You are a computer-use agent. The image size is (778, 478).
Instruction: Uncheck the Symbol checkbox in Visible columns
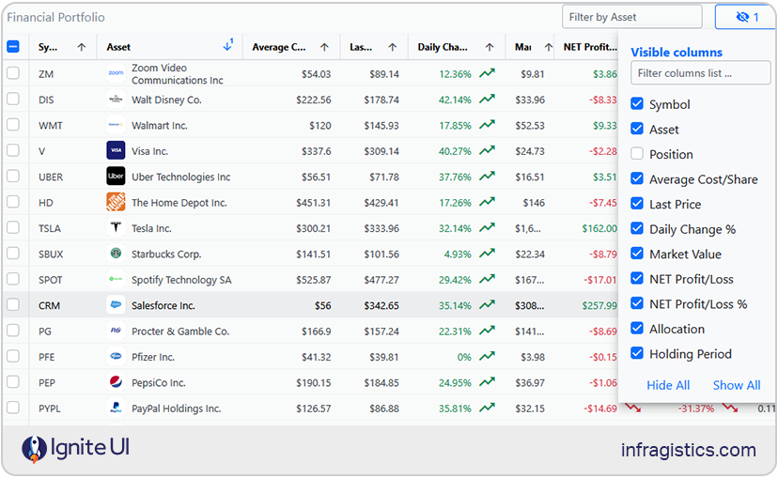tap(637, 104)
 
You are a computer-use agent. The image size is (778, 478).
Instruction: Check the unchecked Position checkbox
tap(637, 154)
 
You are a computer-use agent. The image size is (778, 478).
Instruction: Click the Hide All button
tap(668, 385)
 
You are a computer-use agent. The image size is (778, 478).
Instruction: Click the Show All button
tap(736, 385)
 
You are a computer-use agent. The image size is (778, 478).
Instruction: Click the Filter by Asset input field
tap(631, 17)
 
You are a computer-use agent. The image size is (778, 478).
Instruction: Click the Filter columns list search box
tap(700, 73)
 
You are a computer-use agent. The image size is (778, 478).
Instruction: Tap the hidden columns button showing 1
tap(745, 17)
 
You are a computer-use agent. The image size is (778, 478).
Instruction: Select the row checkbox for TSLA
tap(13, 228)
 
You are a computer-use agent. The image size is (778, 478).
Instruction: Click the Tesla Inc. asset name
tap(151, 228)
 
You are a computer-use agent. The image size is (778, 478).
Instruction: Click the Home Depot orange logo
tap(116, 202)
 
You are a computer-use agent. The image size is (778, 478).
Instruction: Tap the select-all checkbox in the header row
tap(13, 47)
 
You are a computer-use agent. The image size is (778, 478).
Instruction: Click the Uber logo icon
tap(116, 177)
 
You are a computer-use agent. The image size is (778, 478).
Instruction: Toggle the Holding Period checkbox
tap(637, 354)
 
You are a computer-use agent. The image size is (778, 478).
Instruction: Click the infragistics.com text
tap(688, 450)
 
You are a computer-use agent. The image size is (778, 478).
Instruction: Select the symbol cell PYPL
tap(51, 409)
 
